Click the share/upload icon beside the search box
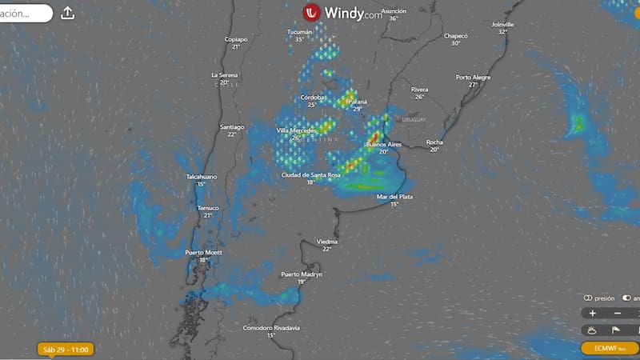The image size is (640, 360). pyautogui.click(x=68, y=13)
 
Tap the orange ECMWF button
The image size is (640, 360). pyautogui.click(x=610, y=348)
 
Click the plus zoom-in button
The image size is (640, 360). pyautogui.click(x=592, y=314)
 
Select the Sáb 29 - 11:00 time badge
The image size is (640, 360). pyautogui.click(x=67, y=350)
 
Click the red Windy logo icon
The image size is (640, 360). pyautogui.click(x=311, y=13)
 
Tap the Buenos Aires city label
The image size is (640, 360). pyautogui.click(x=382, y=144)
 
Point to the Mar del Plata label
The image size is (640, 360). pyautogui.click(x=394, y=196)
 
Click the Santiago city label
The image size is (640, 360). pyautogui.click(x=231, y=126)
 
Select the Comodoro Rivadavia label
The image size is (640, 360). pyautogui.click(x=271, y=327)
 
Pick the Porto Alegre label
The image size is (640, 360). pyautogui.click(x=473, y=77)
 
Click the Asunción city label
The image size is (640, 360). pyautogui.click(x=394, y=10)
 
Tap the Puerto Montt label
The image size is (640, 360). pyautogui.click(x=203, y=252)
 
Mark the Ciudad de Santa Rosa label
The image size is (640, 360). pyautogui.click(x=310, y=174)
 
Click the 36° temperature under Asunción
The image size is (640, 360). pyautogui.click(x=394, y=18)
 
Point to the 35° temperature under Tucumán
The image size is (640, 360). pyautogui.click(x=300, y=39)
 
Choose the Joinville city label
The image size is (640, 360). pyautogui.click(x=502, y=24)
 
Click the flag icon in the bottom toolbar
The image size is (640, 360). pyautogui.click(x=615, y=330)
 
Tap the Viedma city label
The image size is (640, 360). pyautogui.click(x=326, y=241)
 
